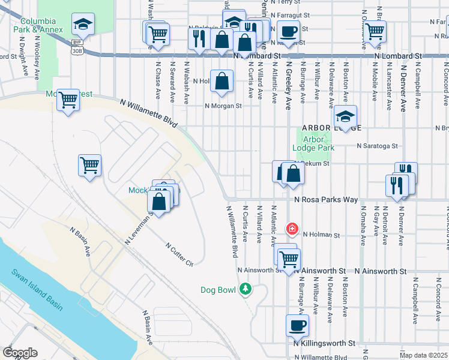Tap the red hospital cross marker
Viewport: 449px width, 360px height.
click(292, 229)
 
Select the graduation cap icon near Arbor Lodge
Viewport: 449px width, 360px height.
click(345, 116)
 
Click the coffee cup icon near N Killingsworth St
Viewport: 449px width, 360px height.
click(297, 325)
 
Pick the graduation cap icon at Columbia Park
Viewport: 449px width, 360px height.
click(83, 24)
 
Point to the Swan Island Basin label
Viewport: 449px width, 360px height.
click(37, 289)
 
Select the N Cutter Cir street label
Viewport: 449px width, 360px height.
click(179, 255)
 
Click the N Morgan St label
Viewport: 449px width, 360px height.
click(223, 106)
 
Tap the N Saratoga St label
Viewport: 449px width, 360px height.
click(377, 145)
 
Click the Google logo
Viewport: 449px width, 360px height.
click(20, 353)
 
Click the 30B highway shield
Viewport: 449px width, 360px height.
click(77, 51)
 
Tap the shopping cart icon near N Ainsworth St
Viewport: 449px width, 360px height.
click(289, 259)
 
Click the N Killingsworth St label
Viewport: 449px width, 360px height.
click(325, 343)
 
